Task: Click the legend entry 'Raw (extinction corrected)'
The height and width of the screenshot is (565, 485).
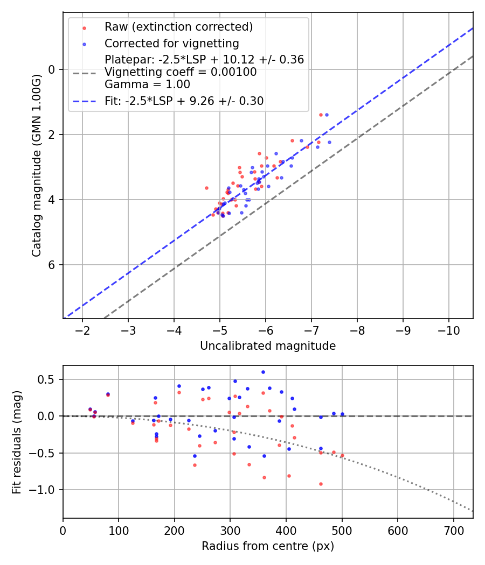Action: (178, 27)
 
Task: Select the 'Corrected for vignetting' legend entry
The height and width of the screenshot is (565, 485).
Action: (172, 43)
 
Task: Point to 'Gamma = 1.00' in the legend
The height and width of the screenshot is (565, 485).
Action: (147, 84)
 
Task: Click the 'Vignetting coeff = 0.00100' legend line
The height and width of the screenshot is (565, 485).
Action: (181, 72)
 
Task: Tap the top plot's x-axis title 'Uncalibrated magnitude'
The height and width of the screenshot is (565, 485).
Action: (268, 346)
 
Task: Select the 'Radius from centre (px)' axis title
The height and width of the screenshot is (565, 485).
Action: (268, 546)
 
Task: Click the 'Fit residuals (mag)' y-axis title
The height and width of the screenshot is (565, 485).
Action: (16, 441)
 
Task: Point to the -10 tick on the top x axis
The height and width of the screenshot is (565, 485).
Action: (449, 329)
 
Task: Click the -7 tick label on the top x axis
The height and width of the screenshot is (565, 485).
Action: (311, 329)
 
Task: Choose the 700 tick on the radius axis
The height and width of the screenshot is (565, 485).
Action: (453, 530)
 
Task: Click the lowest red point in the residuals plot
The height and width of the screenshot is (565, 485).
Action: (321, 484)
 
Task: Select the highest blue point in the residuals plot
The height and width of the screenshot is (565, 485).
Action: (263, 372)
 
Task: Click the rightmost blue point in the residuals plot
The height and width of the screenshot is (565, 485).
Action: (342, 414)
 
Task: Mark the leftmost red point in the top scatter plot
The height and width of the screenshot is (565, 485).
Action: (206, 188)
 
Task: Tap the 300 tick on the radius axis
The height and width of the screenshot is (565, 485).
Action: (230, 530)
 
